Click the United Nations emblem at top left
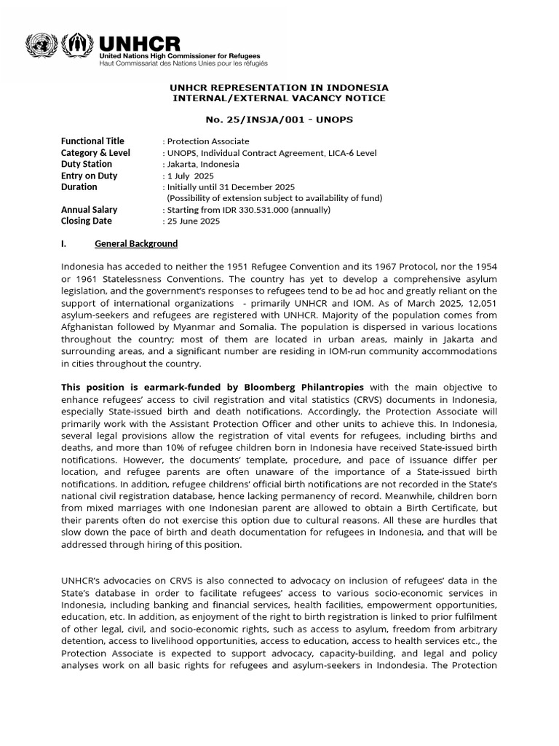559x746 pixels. [x=41, y=46]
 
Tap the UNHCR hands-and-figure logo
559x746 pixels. [x=78, y=46]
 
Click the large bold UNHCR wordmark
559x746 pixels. [x=140, y=43]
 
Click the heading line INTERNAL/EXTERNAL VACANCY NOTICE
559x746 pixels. [x=279, y=98]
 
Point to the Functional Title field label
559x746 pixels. [x=92, y=141]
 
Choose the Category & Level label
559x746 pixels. [x=95, y=153]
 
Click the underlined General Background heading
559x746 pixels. [x=136, y=244]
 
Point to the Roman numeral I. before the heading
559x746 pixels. [x=64, y=244]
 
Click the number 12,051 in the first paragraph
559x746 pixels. [x=481, y=303]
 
